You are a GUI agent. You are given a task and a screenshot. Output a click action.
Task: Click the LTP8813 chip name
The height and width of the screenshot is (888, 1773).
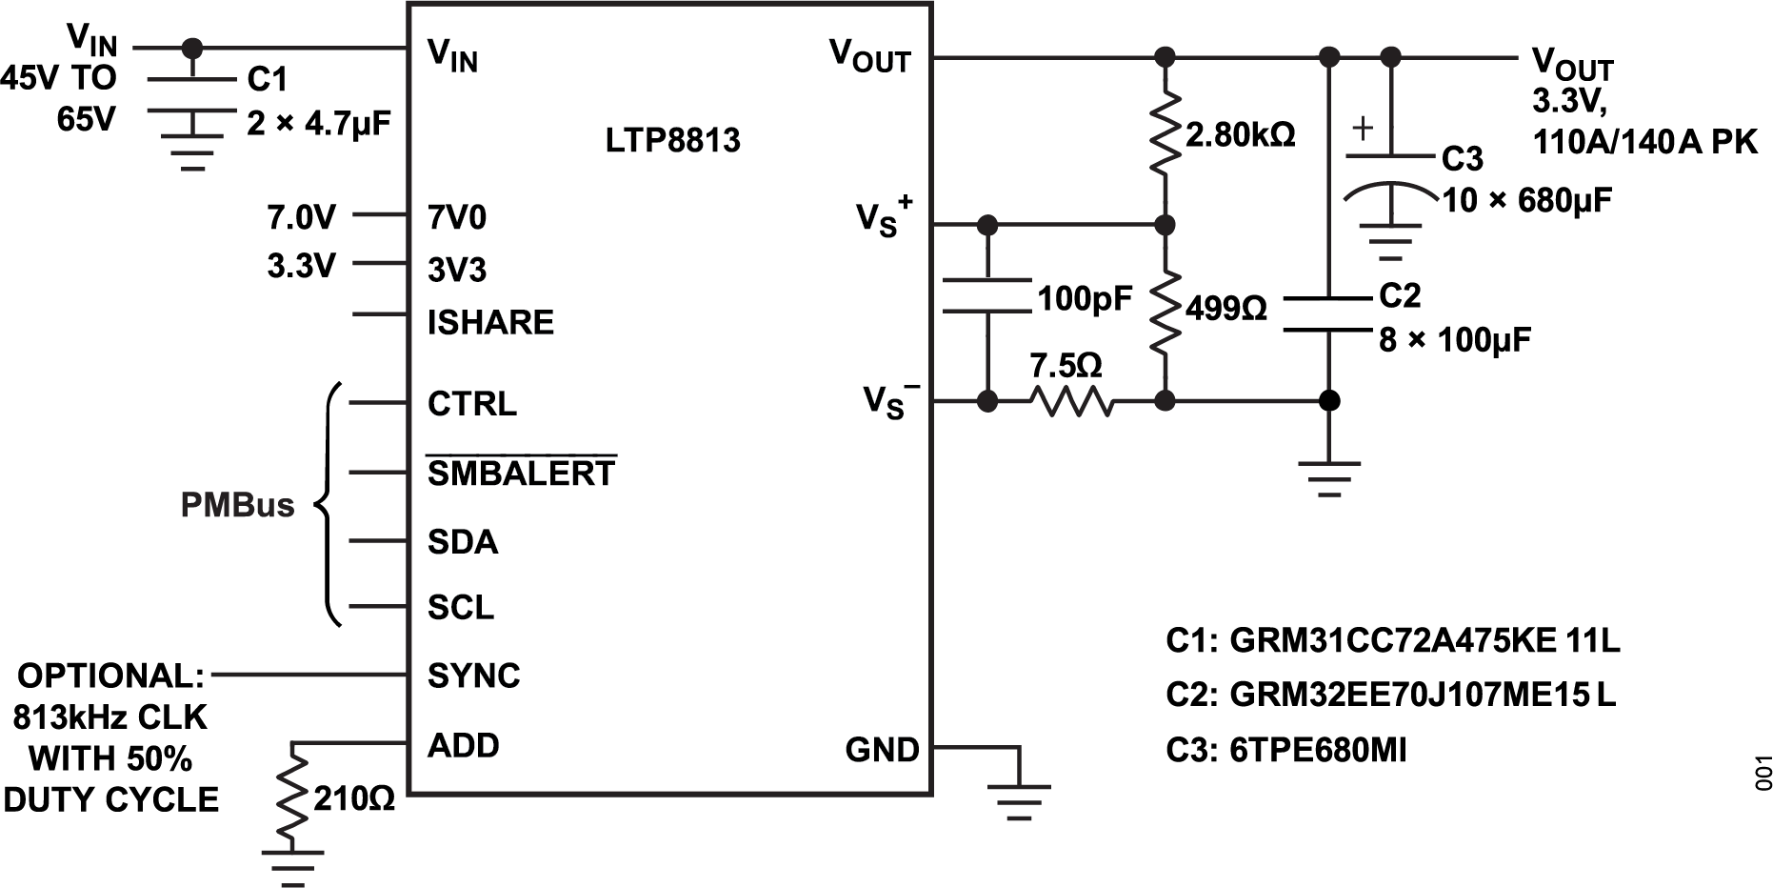click(x=673, y=141)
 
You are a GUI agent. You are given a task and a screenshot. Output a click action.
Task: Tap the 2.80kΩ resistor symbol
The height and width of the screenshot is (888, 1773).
click(x=1164, y=133)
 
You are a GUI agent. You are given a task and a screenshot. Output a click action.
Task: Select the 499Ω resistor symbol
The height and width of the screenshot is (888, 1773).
click(x=1164, y=311)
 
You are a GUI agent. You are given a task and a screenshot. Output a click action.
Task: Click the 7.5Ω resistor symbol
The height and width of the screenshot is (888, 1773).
click(x=1070, y=401)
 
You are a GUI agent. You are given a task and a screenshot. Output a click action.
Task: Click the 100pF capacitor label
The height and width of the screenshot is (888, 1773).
click(x=1085, y=299)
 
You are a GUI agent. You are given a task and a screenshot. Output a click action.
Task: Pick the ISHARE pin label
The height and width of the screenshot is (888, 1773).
click(x=490, y=322)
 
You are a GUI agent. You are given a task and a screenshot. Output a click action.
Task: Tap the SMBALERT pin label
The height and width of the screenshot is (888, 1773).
click(x=521, y=473)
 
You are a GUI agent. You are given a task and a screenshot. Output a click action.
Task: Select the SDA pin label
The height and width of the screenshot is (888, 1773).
click(x=463, y=542)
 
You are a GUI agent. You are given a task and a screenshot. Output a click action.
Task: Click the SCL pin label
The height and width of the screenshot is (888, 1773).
click(x=461, y=607)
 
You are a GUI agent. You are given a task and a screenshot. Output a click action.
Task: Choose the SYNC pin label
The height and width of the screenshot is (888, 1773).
click(x=474, y=676)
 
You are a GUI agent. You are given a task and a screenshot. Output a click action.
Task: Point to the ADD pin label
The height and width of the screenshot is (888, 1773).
click(x=464, y=745)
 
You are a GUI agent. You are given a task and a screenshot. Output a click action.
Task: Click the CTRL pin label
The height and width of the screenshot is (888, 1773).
click(x=472, y=404)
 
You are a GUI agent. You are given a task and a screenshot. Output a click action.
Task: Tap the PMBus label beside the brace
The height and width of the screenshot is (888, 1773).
click(x=237, y=505)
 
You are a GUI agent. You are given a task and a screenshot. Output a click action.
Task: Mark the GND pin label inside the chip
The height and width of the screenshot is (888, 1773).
click(x=882, y=750)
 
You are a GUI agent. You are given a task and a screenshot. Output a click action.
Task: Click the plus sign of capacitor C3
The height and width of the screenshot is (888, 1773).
click(x=1364, y=128)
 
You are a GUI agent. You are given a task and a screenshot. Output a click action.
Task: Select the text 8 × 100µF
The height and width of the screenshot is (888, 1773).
click(x=1455, y=339)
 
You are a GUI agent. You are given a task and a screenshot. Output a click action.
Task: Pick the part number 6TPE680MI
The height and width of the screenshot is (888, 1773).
click(x=1318, y=751)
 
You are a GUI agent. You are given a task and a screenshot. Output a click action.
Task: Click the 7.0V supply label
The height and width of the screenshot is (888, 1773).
click(x=301, y=218)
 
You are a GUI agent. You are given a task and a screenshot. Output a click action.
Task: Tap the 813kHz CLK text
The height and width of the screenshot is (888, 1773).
click(x=110, y=716)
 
